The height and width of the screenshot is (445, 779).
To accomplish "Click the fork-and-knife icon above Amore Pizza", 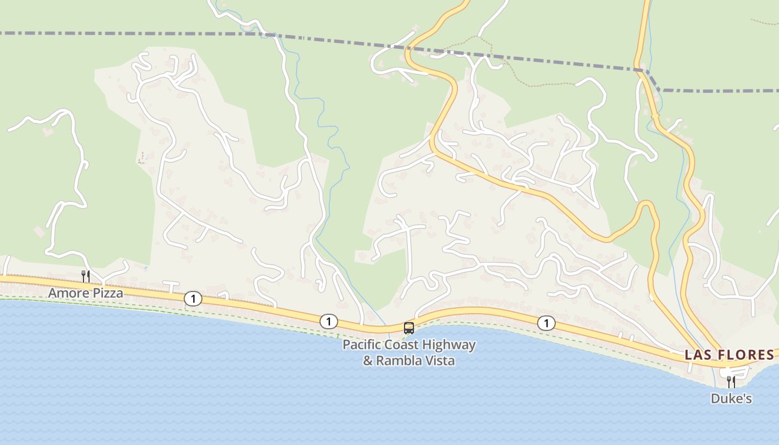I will (x=86, y=276).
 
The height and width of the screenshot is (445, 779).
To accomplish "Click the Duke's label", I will (x=731, y=399).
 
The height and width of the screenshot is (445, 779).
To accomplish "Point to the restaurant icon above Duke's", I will (x=731, y=382).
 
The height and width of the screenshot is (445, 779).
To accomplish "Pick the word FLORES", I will (x=745, y=355).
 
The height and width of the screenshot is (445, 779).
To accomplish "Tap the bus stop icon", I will (x=409, y=328).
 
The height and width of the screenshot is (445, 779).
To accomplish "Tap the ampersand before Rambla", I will (x=368, y=360).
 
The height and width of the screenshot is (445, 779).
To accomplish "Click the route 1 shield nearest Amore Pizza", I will (x=193, y=299).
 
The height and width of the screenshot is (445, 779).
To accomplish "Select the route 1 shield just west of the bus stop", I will (x=329, y=322).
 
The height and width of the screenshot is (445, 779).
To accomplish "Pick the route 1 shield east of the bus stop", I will (x=546, y=323).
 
